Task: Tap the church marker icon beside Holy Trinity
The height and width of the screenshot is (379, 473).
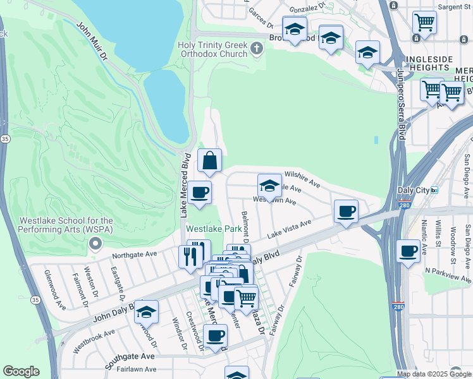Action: (x=256, y=48)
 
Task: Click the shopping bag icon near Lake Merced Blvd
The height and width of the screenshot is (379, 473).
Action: (x=209, y=161)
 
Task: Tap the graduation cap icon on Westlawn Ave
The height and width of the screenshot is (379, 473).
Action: (x=269, y=186)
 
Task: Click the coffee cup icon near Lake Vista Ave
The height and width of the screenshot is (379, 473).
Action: (x=345, y=212)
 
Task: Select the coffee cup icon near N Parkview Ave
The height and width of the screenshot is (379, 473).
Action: (x=408, y=251)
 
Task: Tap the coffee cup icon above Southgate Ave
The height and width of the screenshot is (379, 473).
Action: (x=215, y=335)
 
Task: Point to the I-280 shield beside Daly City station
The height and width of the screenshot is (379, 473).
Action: (x=405, y=205)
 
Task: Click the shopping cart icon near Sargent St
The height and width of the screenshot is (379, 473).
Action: (x=424, y=23)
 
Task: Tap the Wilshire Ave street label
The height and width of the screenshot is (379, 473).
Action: (x=302, y=174)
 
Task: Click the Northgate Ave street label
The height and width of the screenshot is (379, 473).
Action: (x=134, y=255)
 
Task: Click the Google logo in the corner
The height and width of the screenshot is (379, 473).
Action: (x=21, y=371)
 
